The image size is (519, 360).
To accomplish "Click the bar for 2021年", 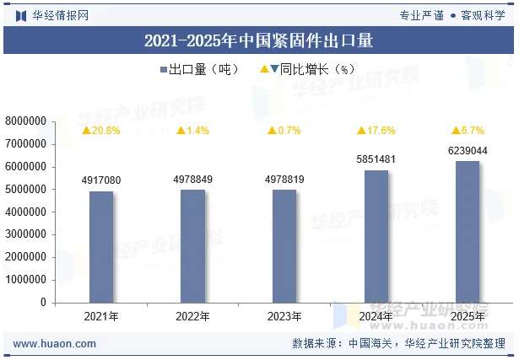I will [x=101, y=246].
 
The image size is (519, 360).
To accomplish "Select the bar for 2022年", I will [x=192, y=245].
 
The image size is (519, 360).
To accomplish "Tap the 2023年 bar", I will [x=284, y=245].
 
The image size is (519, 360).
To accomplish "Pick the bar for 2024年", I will [x=376, y=236].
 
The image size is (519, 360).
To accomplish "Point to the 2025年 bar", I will [x=467, y=231].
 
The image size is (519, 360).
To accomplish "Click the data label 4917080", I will [x=101, y=180].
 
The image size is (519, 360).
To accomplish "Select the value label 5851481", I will [x=376, y=159].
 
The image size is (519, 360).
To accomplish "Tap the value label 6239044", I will [x=467, y=151].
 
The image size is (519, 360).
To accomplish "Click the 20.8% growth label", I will [x=101, y=131].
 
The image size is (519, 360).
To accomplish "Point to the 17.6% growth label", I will [x=376, y=131].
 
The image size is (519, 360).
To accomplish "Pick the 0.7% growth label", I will [x=284, y=131].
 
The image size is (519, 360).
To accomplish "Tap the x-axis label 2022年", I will [x=192, y=316].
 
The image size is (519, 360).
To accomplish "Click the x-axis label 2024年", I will [x=376, y=316].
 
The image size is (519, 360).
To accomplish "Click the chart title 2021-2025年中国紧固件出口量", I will [x=259, y=40].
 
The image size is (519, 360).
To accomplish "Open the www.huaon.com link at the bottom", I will [x=55, y=344].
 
